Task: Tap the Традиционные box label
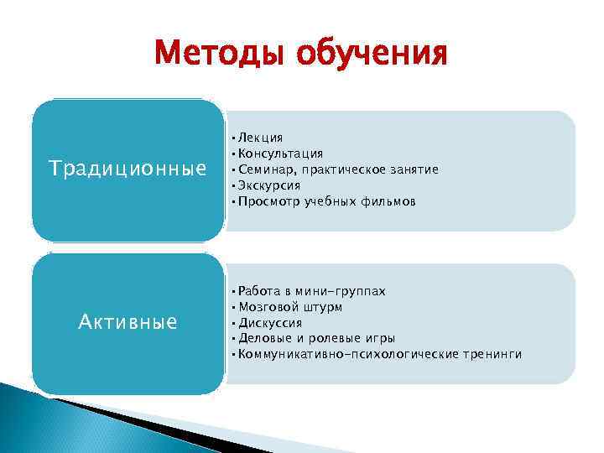128,169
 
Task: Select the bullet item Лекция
260,137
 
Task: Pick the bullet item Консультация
280,154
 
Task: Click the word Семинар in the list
263,169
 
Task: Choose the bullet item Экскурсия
269,185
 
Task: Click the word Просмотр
267,201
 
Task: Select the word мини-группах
346,291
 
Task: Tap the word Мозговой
267,307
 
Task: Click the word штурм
323,307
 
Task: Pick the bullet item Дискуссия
269,323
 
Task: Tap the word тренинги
492,354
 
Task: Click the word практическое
339,169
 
